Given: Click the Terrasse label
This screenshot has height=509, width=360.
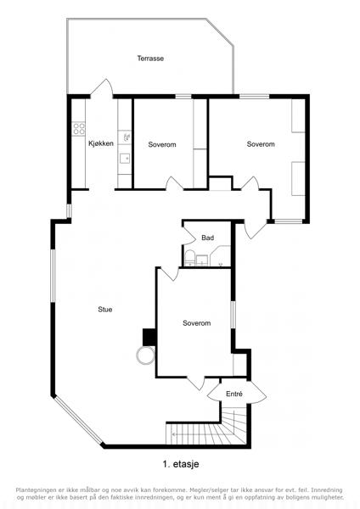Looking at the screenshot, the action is pyautogui.click(x=150, y=59).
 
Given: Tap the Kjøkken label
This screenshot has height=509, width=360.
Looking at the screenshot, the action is pyautogui.click(x=101, y=143).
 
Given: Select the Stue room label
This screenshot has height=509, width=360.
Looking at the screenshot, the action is pyautogui.click(x=105, y=310).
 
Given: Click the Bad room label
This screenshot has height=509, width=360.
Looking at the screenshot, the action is pyautogui.click(x=208, y=238).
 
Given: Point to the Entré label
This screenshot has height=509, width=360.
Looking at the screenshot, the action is pyautogui.click(x=234, y=394).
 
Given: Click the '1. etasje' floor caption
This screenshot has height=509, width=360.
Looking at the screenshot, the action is pyautogui.click(x=181, y=464).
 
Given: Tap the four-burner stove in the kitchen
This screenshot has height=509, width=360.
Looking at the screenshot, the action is pyautogui.click(x=79, y=128).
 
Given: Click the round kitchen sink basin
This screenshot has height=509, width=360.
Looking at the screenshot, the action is pyautogui.click(x=127, y=137).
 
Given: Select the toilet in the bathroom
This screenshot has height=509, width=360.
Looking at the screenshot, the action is pyautogui.click(x=189, y=258).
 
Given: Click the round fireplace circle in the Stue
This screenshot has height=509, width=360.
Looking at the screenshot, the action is pyautogui.click(x=145, y=356).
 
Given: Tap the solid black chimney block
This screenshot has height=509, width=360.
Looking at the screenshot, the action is pyautogui.click(x=149, y=338).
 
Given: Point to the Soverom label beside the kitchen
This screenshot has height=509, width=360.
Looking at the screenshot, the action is pyautogui.click(x=162, y=144).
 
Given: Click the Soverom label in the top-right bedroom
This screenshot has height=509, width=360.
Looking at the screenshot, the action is pyautogui.click(x=261, y=144).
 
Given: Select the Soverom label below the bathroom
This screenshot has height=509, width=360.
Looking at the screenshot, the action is pyautogui.click(x=197, y=323).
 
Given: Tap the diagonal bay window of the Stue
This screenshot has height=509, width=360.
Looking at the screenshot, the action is pyautogui.click(x=78, y=420).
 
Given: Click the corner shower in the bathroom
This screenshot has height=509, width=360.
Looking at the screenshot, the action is pyautogui.click(x=221, y=256).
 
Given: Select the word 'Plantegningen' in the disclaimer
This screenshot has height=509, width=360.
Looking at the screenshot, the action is pyautogui.click(x=36, y=489).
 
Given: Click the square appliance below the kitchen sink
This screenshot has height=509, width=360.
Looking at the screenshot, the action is pyautogui.click(x=125, y=159).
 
